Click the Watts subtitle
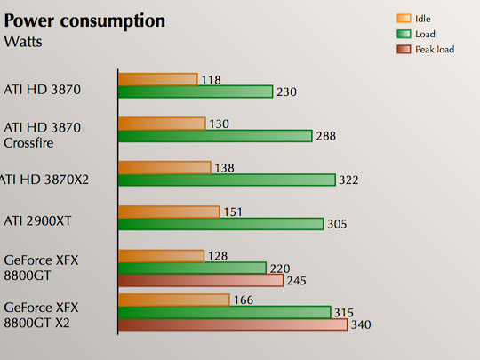pyautogui.click(x=27, y=41)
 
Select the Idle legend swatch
pyautogui.click(x=403, y=17)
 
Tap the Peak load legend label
pyautogui.click(x=435, y=50)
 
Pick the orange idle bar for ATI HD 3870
pyautogui.click(x=157, y=79)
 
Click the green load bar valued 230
pyautogui.click(x=195, y=92)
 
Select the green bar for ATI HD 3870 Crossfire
pyautogui.click(x=214, y=136)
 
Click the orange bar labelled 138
pyautogui.click(x=164, y=167)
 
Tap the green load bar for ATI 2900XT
pyautogui.click(x=220, y=224)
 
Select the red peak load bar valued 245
pyautogui.click(x=201, y=281)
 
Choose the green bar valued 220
pyautogui.click(x=192, y=268)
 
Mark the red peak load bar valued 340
pyautogui.click(x=232, y=324)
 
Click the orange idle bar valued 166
pyautogui.click(x=174, y=300)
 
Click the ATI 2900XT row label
pyautogui.click(x=38, y=219)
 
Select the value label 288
pyautogui.click(x=327, y=136)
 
